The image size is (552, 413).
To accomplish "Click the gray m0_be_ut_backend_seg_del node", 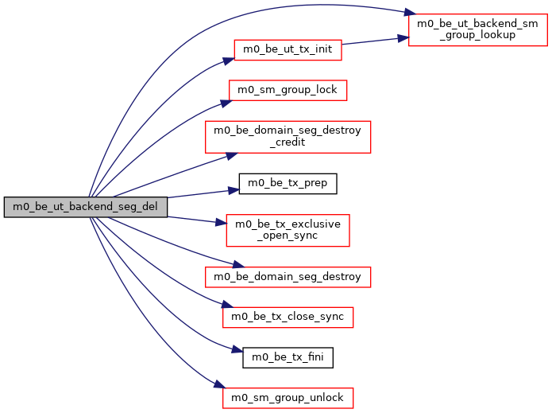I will [86, 208].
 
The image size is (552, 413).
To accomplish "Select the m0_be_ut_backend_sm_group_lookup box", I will [476, 29].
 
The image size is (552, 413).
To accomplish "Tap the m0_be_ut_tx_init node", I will [288, 50].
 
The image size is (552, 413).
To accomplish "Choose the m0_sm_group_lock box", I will [288, 90].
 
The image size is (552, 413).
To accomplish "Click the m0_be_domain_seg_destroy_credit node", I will [288, 137].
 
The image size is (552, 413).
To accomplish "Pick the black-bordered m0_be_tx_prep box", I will [288, 184].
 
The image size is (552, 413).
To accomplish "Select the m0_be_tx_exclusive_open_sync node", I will [288, 230].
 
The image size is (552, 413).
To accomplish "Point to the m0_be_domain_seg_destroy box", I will [288, 277].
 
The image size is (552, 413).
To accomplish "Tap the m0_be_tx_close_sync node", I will [287, 317].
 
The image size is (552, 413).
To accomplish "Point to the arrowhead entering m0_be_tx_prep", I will [234, 190].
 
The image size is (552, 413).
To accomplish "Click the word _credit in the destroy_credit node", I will [288, 143].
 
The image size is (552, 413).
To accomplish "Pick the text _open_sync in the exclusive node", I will [288, 236].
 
